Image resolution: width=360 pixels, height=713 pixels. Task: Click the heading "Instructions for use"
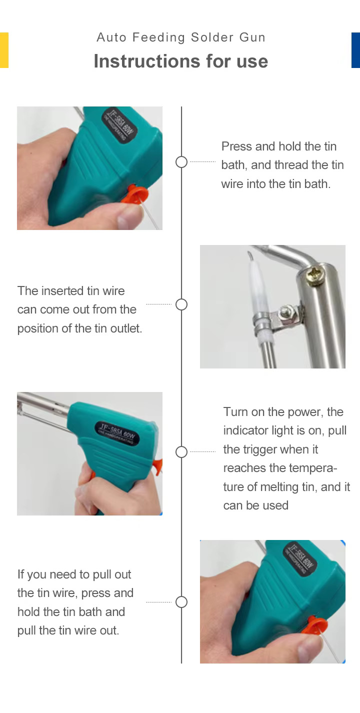(181, 61)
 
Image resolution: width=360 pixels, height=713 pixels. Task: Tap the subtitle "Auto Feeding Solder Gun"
(181, 37)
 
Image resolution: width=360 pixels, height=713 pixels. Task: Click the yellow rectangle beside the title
(4, 50)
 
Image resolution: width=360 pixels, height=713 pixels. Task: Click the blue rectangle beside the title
(355, 50)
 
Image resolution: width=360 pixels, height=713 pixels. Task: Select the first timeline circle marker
(181, 162)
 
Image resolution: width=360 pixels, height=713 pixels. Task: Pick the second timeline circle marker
(181, 304)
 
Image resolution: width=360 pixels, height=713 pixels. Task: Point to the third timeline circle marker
(181, 452)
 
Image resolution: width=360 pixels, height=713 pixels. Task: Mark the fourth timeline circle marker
(181, 602)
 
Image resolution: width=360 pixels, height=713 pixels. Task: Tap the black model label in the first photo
(119, 125)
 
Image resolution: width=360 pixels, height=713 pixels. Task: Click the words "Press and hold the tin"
(279, 146)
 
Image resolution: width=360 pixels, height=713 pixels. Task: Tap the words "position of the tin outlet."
(79, 328)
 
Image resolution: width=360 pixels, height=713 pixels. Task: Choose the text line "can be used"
(256, 505)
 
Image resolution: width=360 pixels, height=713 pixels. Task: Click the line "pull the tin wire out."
(68, 630)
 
